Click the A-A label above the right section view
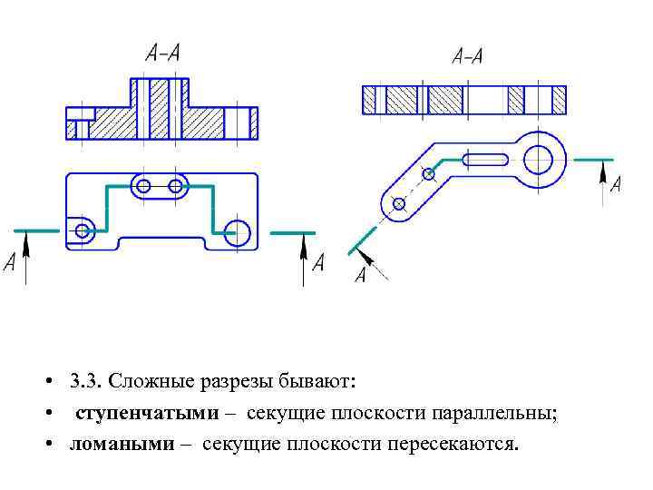[467, 57]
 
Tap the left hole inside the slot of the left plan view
[142, 186]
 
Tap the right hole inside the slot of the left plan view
[176, 186]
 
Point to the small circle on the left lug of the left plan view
[83, 230]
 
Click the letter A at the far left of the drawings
[10, 263]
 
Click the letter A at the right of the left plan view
[317, 263]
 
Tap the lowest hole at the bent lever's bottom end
[396, 203]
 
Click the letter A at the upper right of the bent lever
[616, 185]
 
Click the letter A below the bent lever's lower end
[360, 276]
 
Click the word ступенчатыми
[147, 414]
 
